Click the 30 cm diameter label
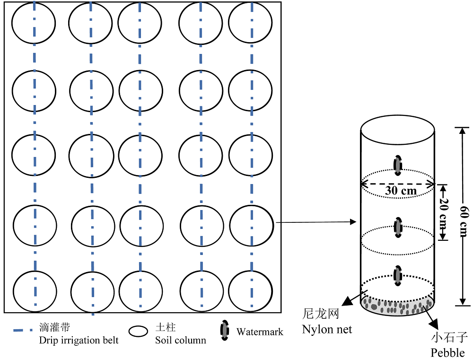pyautogui.click(x=401, y=191)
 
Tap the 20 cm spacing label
pyautogui.click(x=444, y=213)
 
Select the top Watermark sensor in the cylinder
pyautogui.click(x=398, y=166)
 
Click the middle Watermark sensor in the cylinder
pyautogui.click(x=398, y=227)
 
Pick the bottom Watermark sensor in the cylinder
pyautogui.click(x=398, y=275)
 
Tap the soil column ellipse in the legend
pyautogui.click(x=138, y=331)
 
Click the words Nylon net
pyautogui.click(x=327, y=329)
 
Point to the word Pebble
pyautogui.click(x=447, y=352)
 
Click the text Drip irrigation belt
pyautogui.click(x=79, y=341)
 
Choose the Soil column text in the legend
pyautogui.click(x=181, y=341)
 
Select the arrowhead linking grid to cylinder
pyautogui.click(x=353, y=222)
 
